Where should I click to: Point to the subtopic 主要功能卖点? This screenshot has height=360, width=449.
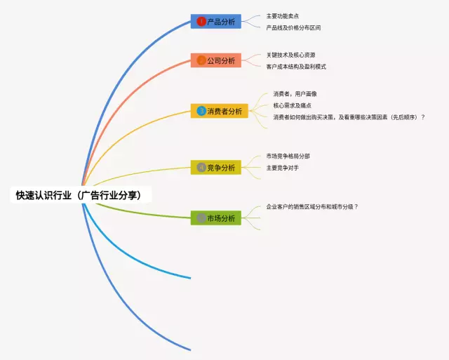click(283, 15)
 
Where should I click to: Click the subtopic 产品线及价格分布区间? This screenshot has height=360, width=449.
click(293, 28)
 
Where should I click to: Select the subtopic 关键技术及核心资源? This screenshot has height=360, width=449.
click(290, 54)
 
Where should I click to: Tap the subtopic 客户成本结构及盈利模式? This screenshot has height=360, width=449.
click(296, 67)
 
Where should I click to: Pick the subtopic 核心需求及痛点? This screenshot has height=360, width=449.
click(293, 105)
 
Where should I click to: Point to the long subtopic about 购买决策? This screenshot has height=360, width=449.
click(349, 117)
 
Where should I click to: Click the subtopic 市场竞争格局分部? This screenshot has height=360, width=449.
click(288, 156)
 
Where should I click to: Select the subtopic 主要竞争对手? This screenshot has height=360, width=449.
click(283, 168)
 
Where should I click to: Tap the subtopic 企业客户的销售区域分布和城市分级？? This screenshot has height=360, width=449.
click(312, 207)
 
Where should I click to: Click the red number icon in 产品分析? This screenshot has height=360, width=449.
click(201, 22)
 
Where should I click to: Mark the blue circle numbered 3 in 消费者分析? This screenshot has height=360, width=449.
click(201, 111)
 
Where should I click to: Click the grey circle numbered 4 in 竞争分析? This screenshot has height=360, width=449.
click(201, 168)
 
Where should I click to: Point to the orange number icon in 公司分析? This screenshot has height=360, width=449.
click(201, 60)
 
